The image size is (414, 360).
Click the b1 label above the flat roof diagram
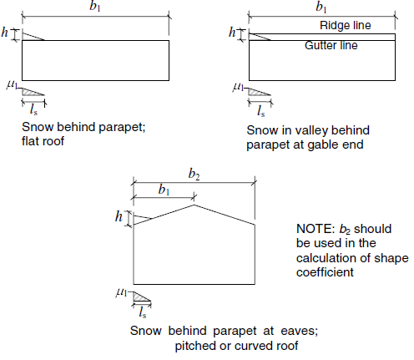(95, 6)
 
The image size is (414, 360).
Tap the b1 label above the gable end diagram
(321, 7)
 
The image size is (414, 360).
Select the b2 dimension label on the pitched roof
(194, 175)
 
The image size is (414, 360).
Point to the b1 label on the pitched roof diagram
(164, 190)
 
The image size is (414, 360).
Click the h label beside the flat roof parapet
(5, 32)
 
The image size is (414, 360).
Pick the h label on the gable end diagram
(232, 32)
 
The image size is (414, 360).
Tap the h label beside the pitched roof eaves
(119, 216)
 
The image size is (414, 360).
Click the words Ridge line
(346, 25)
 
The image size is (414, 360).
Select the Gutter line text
(331, 45)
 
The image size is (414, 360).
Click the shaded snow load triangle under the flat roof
(30, 92)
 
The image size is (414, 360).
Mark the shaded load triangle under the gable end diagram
(256, 92)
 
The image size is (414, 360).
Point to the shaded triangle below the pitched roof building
(139, 297)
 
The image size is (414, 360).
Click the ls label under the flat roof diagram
(33, 109)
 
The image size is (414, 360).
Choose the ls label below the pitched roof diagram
(143, 312)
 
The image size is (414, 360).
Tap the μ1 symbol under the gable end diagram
(238, 87)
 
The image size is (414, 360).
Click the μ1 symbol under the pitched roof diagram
(122, 292)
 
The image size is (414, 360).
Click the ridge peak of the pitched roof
(194, 205)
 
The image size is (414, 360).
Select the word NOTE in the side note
(316, 229)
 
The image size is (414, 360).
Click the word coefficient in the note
(325, 272)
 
